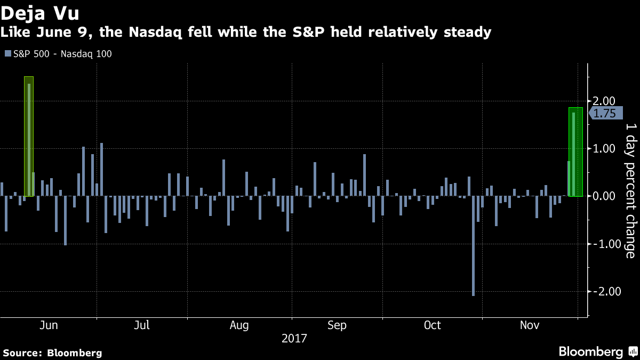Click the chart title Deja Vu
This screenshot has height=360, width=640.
click(40, 12)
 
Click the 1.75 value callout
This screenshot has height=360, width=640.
click(604, 113)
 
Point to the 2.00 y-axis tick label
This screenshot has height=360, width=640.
click(604, 101)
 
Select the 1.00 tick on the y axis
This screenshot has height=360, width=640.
click(604, 149)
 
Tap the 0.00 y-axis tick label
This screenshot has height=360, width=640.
click(604, 196)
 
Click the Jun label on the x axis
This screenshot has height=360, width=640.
click(49, 325)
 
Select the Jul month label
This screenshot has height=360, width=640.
click(142, 325)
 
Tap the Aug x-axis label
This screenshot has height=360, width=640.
click(239, 325)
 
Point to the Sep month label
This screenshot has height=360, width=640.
click(337, 325)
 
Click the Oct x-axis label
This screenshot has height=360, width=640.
click(433, 325)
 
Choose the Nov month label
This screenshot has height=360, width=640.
click(530, 325)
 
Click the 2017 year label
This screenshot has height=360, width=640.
click(294, 338)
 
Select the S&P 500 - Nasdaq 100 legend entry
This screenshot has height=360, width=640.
click(58, 53)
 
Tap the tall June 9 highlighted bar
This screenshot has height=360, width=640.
click(29, 139)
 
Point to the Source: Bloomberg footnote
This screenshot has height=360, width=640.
click(52, 353)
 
